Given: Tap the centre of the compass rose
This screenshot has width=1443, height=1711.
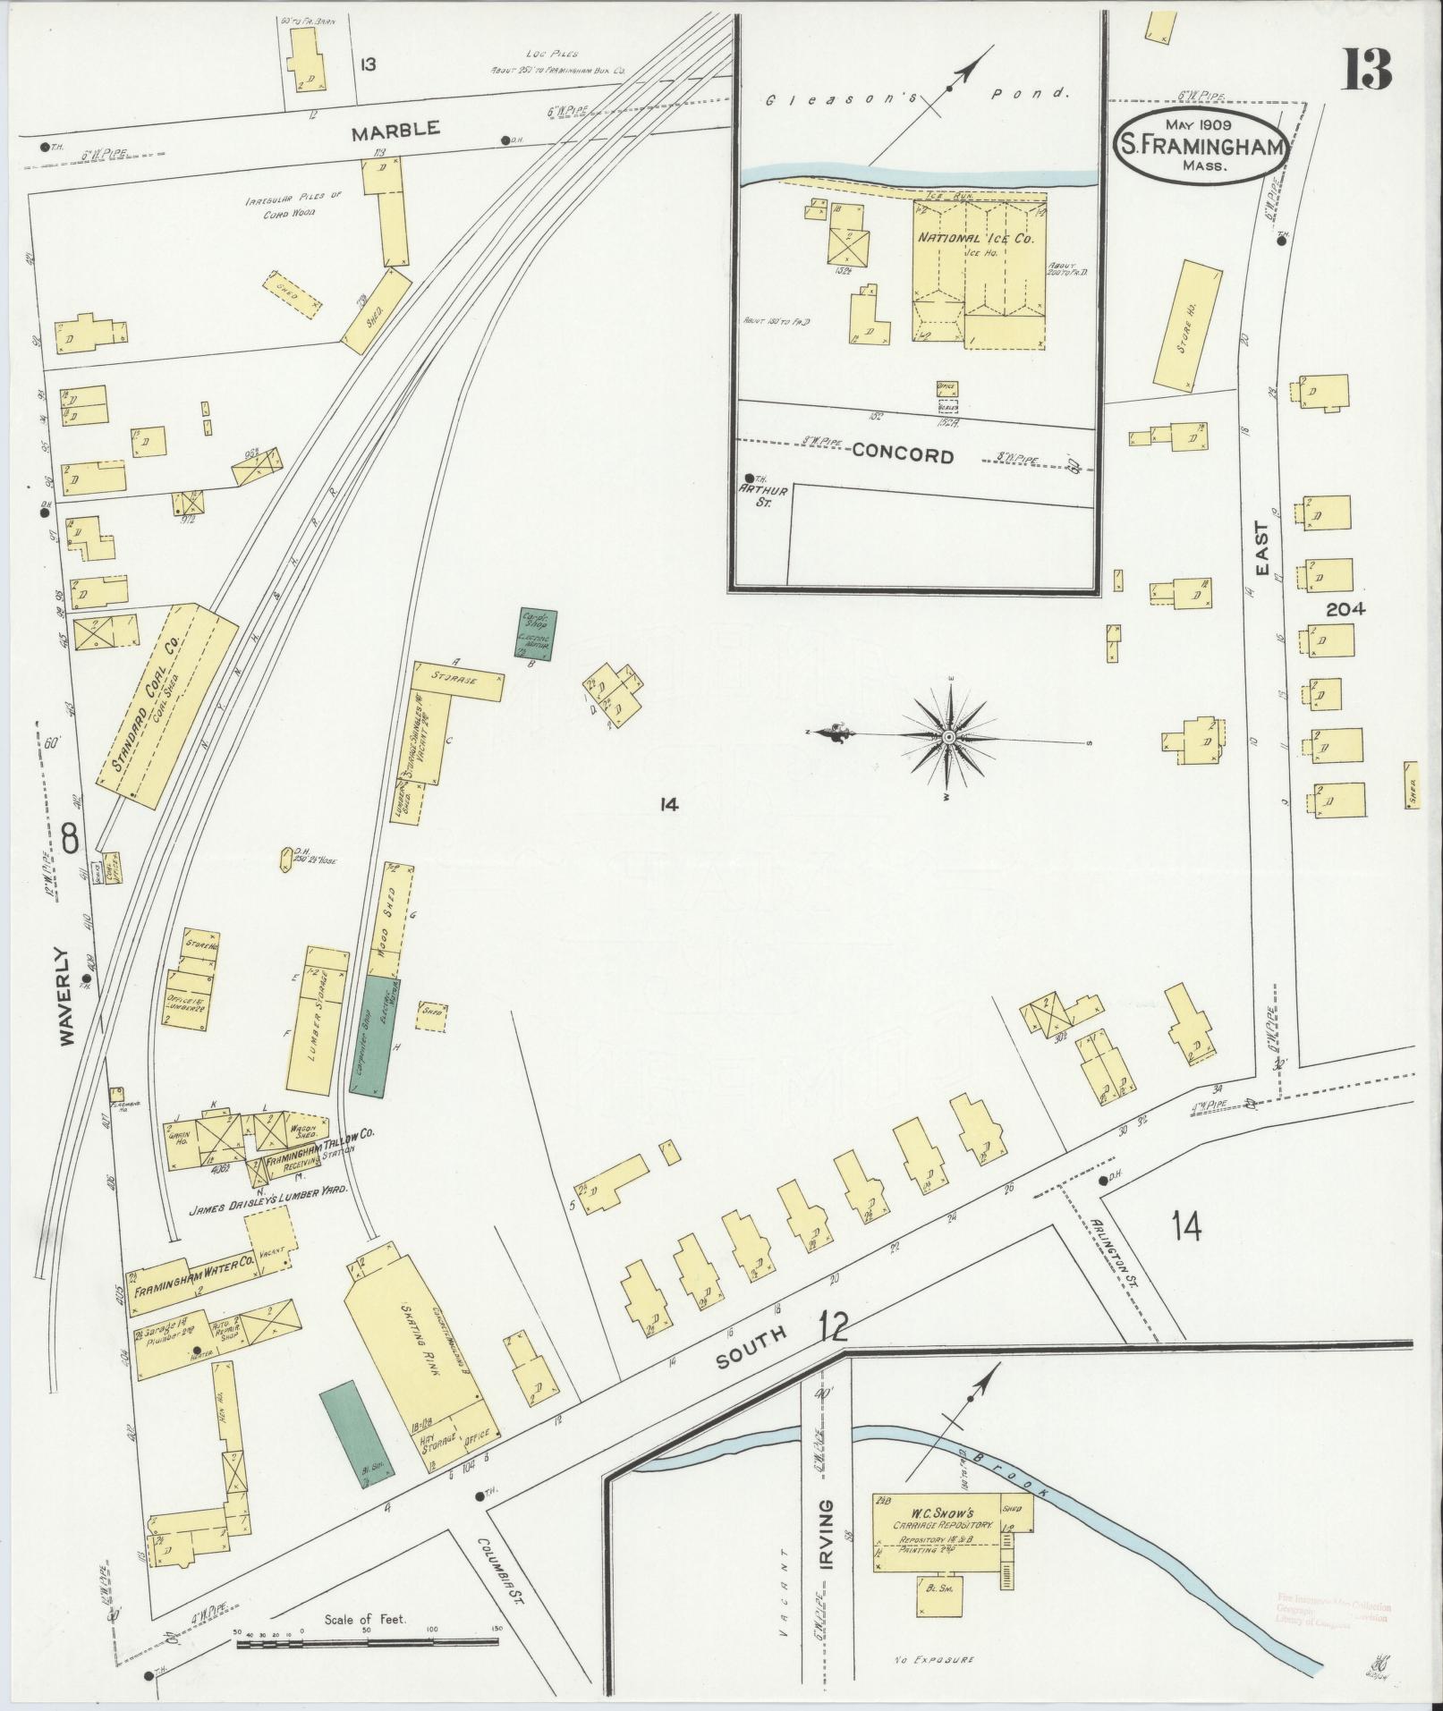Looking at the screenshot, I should [947, 736].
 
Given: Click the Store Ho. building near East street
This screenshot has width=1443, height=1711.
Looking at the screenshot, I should [1187, 323].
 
